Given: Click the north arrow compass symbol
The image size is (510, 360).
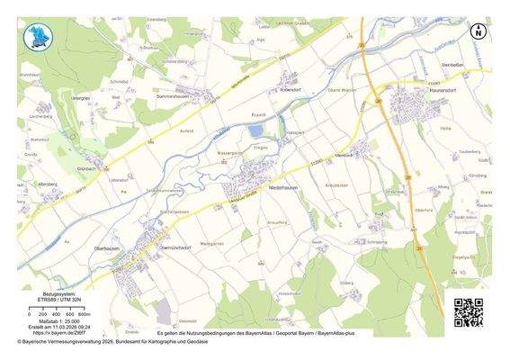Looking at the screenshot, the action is pyautogui.click(x=478, y=31).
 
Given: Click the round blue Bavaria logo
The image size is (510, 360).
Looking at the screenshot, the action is pyautogui.click(x=40, y=37).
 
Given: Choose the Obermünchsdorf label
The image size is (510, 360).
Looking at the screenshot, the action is pyautogui.click(x=176, y=245).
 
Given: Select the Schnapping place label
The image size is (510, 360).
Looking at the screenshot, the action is pyautogui.click(x=377, y=242).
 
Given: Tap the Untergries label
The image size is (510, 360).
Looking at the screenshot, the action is pyautogui.click(x=81, y=97).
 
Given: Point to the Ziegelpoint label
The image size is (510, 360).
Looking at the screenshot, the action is pyautogui.click(x=462, y=256).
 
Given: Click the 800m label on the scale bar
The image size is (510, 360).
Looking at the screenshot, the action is pyautogui.click(x=83, y=312).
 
